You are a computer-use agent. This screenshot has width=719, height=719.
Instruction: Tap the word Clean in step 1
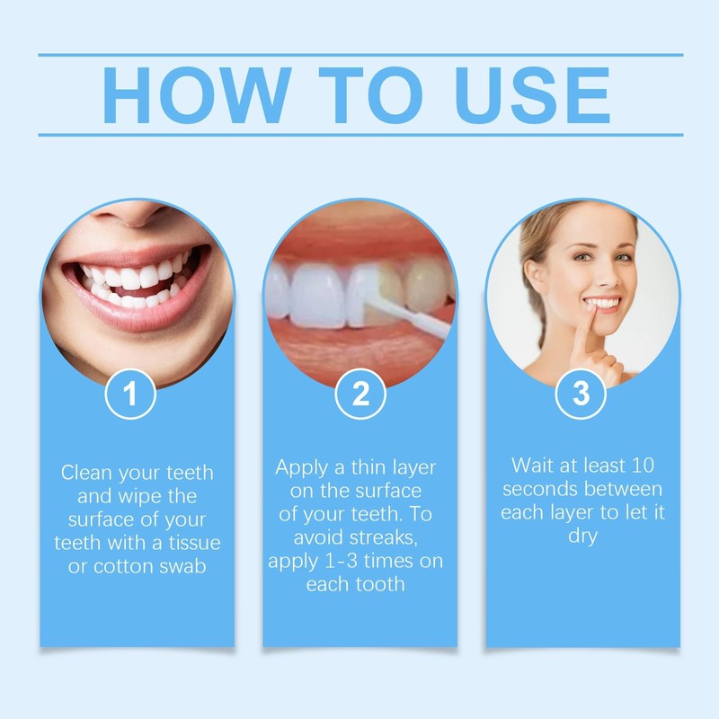87,473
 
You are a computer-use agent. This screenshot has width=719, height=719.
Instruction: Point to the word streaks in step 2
382,538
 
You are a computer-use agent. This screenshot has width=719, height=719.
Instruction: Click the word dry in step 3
581,536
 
